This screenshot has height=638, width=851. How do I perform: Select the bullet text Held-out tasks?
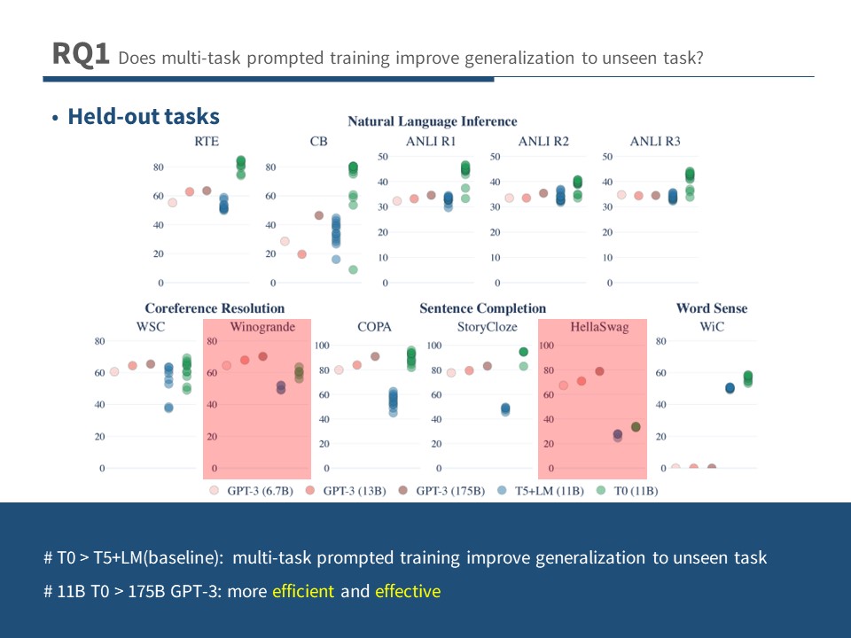pyautogui.click(x=144, y=116)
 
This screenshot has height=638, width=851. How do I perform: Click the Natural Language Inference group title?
pyautogui.click(x=432, y=121)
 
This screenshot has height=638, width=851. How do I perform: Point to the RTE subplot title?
pyautogui.click(x=207, y=141)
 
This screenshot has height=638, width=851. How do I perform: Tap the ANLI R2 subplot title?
pyautogui.click(x=543, y=141)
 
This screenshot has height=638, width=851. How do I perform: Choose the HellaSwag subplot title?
pyautogui.click(x=599, y=327)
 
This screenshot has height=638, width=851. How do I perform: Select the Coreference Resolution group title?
pyautogui.click(x=215, y=308)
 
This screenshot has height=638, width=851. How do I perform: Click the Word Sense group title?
pyautogui.click(x=711, y=308)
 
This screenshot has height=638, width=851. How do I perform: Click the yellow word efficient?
pyautogui.click(x=303, y=591)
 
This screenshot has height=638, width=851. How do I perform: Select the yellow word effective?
pyautogui.click(x=407, y=591)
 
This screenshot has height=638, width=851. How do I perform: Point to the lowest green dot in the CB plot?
pyautogui.click(x=353, y=269)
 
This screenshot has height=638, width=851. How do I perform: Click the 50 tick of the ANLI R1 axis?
pyautogui.click(x=384, y=157)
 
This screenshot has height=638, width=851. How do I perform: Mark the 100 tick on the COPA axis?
pyautogui.click(x=322, y=346)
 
